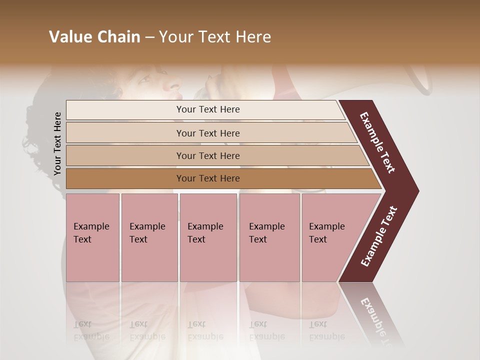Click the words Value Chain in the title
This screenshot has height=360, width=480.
[94, 37]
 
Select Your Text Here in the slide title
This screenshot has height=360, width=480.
[215, 37]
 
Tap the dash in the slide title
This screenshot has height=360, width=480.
[149, 37]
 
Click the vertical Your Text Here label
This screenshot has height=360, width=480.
[58, 144]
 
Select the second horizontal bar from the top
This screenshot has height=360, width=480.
[208, 133]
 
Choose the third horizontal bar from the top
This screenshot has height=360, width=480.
[208, 155]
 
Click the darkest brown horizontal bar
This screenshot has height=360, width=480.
[208, 178]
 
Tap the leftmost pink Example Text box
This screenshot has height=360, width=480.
[92, 237]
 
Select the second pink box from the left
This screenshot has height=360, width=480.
[149, 237]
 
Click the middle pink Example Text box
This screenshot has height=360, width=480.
[208, 237]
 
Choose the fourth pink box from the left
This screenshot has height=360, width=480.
[269, 237]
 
